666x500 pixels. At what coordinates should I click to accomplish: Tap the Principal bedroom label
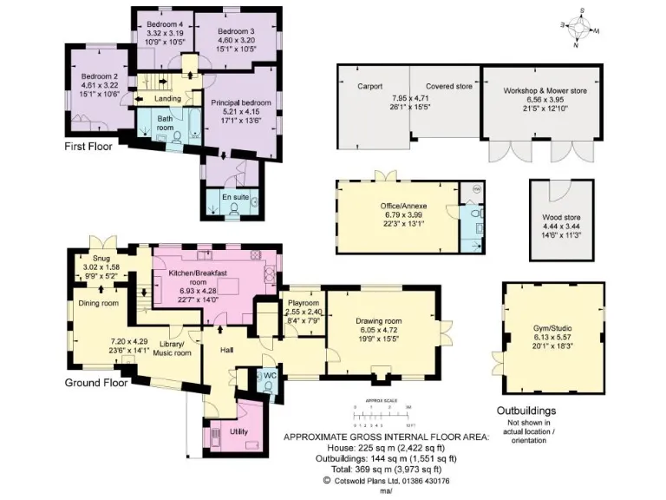tap(240, 102)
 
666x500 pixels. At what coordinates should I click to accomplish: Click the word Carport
tap(370, 87)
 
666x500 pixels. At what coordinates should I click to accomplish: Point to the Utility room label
tap(240, 431)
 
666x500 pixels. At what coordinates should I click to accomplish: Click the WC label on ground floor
tap(270, 375)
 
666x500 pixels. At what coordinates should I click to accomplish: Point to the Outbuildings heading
tap(526, 411)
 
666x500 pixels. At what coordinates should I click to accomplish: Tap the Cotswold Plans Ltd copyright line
tap(386, 479)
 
